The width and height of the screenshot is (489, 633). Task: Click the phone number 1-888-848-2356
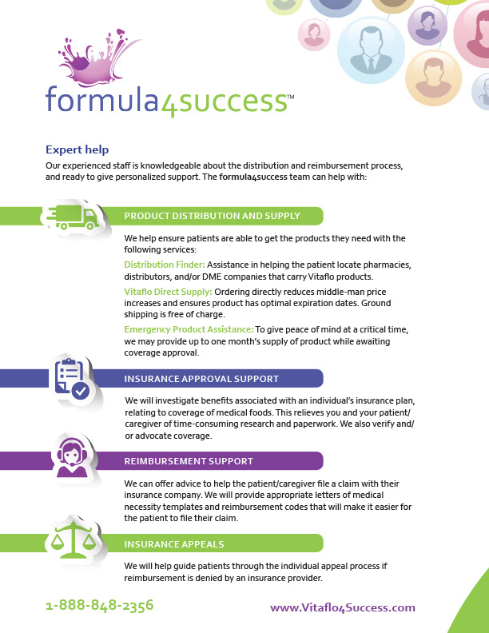(x=99, y=606)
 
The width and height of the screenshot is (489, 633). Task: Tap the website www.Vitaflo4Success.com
(x=343, y=607)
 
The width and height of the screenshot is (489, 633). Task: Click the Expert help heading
(x=77, y=149)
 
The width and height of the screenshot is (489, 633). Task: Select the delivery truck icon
(x=74, y=215)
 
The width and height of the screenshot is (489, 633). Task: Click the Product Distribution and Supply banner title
(x=212, y=216)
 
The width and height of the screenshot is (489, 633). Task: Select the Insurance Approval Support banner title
(x=201, y=379)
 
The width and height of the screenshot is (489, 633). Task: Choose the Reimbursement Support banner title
(x=189, y=461)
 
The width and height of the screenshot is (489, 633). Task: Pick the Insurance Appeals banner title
(x=173, y=544)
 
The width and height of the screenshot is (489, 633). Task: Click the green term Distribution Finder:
(x=165, y=264)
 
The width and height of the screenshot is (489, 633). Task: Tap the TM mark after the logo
(x=290, y=95)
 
